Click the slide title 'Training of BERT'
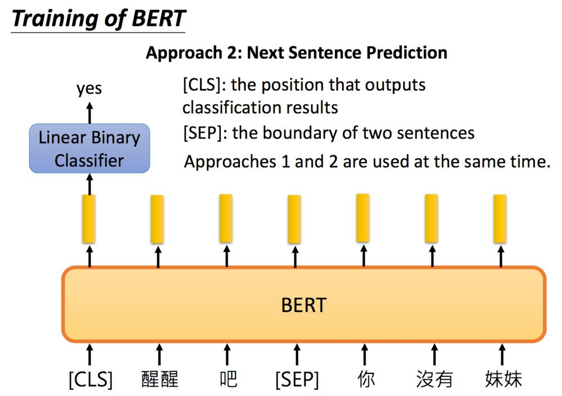pyautogui.click(x=98, y=19)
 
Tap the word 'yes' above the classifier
pyautogui.click(x=89, y=88)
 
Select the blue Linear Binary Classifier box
pyautogui.click(x=89, y=148)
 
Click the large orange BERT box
pyautogui.click(x=304, y=304)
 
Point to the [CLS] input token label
pyautogui.click(x=90, y=380)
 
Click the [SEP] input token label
pyautogui.click(x=297, y=380)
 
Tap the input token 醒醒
pyautogui.click(x=160, y=379)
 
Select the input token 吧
pyautogui.click(x=228, y=379)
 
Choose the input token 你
pyautogui.click(x=366, y=379)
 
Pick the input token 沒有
pyautogui.click(x=434, y=379)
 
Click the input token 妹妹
pyautogui.click(x=503, y=379)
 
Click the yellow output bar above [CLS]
pyautogui.click(x=89, y=219)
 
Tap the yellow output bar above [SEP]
pyautogui.click(x=294, y=219)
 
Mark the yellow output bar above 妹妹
pyautogui.click(x=500, y=219)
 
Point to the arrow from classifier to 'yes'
pyautogui.click(x=89, y=113)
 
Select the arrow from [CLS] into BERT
pyautogui.click(x=89, y=354)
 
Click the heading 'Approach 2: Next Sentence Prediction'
pyautogui.click(x=296, y=53)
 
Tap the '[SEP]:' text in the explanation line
pyautogui.click(x=205, y=133)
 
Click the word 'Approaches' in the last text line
pyautogui.click(x=230, y=162)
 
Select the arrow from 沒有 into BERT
pyautogui.click(x=434, y=354)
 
